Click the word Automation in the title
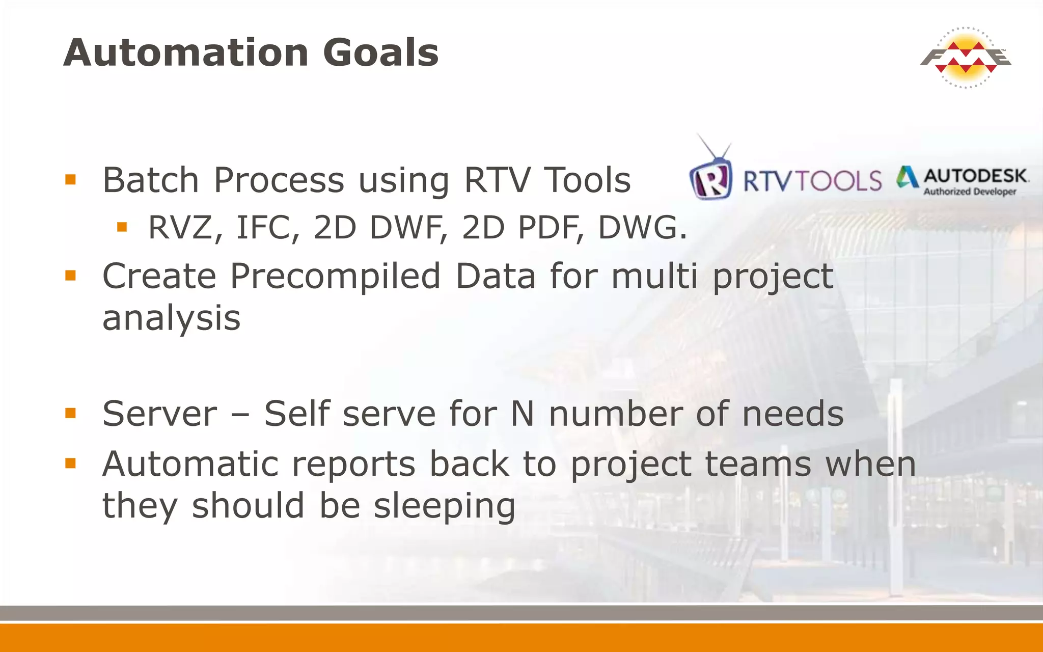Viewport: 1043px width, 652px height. pos(186,52)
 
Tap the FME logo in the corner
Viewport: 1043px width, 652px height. pos(965,58)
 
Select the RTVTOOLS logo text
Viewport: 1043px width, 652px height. pos(812,181)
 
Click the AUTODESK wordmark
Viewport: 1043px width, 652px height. pos(975,176)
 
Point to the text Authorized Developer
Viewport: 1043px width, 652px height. pos(970,192)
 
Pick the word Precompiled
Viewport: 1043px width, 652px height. pos(335,276)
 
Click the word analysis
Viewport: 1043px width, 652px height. pos(171,318)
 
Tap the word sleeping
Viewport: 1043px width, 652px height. pos(444,506)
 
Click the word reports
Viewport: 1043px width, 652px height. pos(353,464)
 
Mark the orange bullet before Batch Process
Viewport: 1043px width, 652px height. pos(71,180)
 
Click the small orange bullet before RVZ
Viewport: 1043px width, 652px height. pos(122,227)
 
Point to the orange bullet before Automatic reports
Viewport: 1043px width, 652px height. pos(71,464)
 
